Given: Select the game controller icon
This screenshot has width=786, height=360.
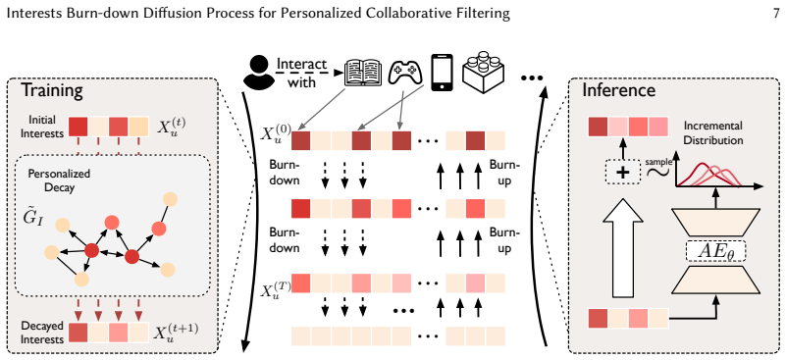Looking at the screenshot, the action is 406,73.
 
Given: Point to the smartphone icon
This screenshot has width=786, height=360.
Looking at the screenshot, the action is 443,73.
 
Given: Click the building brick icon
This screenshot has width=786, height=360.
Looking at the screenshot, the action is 483,72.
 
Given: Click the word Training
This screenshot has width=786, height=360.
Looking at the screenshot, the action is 52,90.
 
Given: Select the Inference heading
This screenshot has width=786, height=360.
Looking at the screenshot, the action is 618,90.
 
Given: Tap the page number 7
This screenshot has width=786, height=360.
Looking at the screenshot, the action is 776,13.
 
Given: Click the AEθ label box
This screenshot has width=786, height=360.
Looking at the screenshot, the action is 715,251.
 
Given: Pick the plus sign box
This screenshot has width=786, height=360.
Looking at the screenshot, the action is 622,173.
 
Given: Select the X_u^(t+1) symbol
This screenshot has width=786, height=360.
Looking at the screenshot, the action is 176,334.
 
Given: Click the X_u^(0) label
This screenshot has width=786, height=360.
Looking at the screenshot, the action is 275,133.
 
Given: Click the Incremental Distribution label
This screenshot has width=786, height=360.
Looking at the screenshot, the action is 714,132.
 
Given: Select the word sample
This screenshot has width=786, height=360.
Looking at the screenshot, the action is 658,162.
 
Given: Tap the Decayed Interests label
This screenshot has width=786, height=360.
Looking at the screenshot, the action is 42,333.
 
